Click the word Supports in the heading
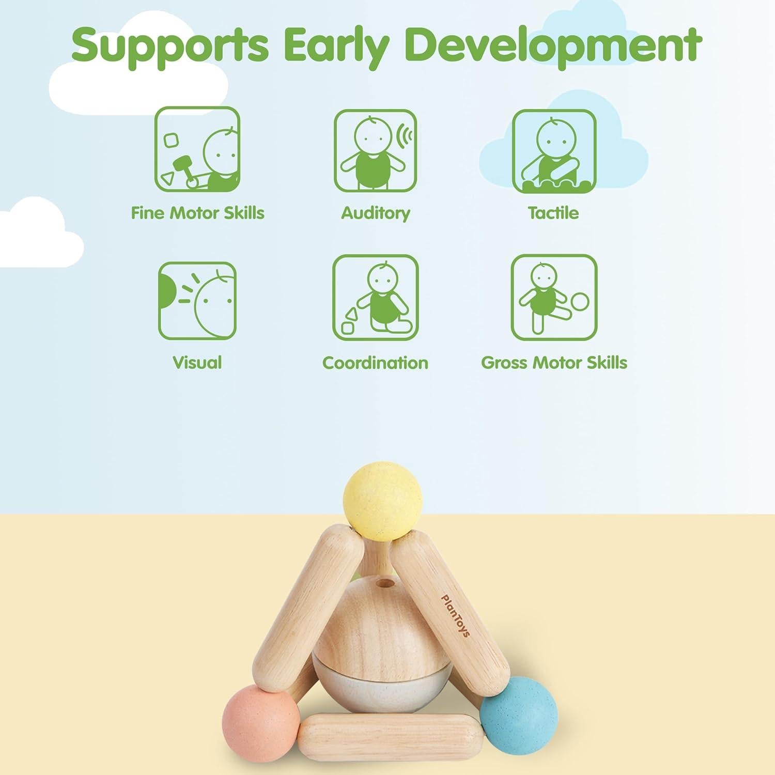click(170, 45)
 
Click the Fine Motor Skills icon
click(197, 149)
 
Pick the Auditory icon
click(375, 150)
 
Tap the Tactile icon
click(554, 151)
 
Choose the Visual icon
click(197, 300)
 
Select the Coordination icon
click(375, 298)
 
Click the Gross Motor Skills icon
click(554, 298)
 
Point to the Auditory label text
click(376, 213)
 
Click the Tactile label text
click(553, 212)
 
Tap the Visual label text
click(197, 362)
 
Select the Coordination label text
click(375, 363)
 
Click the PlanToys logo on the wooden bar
click(455, 615)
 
